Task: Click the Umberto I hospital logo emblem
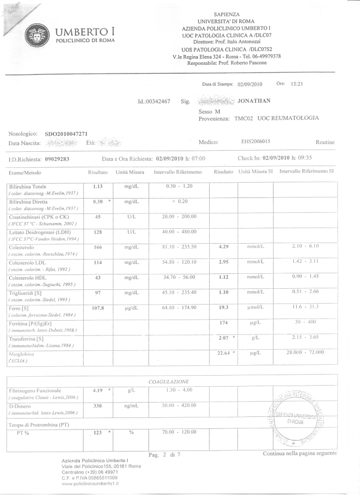coord(38,37)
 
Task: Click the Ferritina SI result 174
coord(223,322)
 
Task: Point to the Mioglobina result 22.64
coord(223,353)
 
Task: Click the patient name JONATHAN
coord(254,101)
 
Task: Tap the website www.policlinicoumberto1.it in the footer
coord(94,483)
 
